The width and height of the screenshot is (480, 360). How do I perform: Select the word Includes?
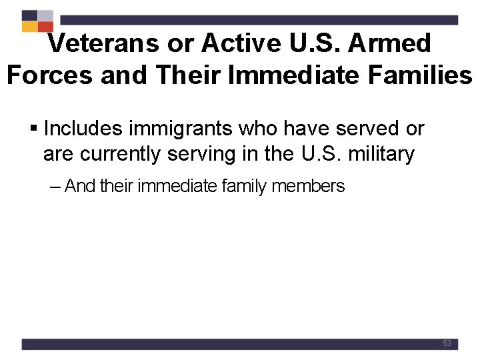click(83, 127)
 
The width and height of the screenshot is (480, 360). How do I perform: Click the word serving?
click(202, 155)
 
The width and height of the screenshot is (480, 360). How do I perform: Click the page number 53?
click(447, 343)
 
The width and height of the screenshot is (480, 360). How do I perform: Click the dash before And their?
click(56, 187)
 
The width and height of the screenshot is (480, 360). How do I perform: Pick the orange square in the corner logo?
click(29, 27)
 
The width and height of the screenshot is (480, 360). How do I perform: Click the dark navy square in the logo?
click(29, 15)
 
